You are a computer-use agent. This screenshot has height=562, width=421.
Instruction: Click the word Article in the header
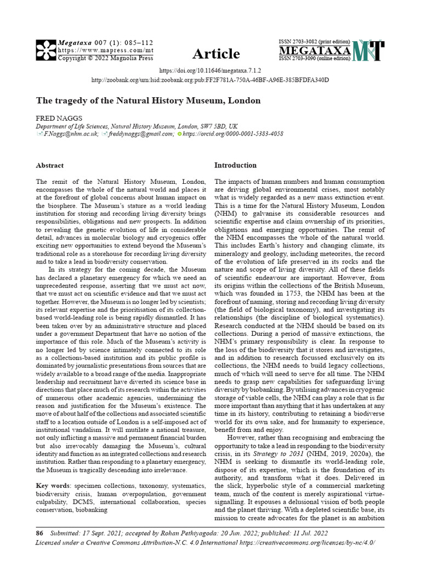click(x=216, y=54)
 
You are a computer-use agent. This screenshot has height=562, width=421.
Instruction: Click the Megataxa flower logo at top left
click(x=46, y=50)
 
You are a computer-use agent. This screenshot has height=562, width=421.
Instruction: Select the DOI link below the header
click(x=210, y=71)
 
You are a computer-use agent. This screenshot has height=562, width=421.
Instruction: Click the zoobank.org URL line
click(x=210, y=80)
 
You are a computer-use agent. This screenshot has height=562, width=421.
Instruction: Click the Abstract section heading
click(x=49, y=165)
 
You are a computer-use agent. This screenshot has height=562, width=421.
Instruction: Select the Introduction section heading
click(x=235, y=165)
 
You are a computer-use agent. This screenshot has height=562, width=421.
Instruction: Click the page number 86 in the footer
click(x=39, y=532)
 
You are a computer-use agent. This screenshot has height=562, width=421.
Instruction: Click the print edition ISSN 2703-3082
click(x=315, y=42)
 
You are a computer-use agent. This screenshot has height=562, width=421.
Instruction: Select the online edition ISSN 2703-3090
click(x=315, y=59)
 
